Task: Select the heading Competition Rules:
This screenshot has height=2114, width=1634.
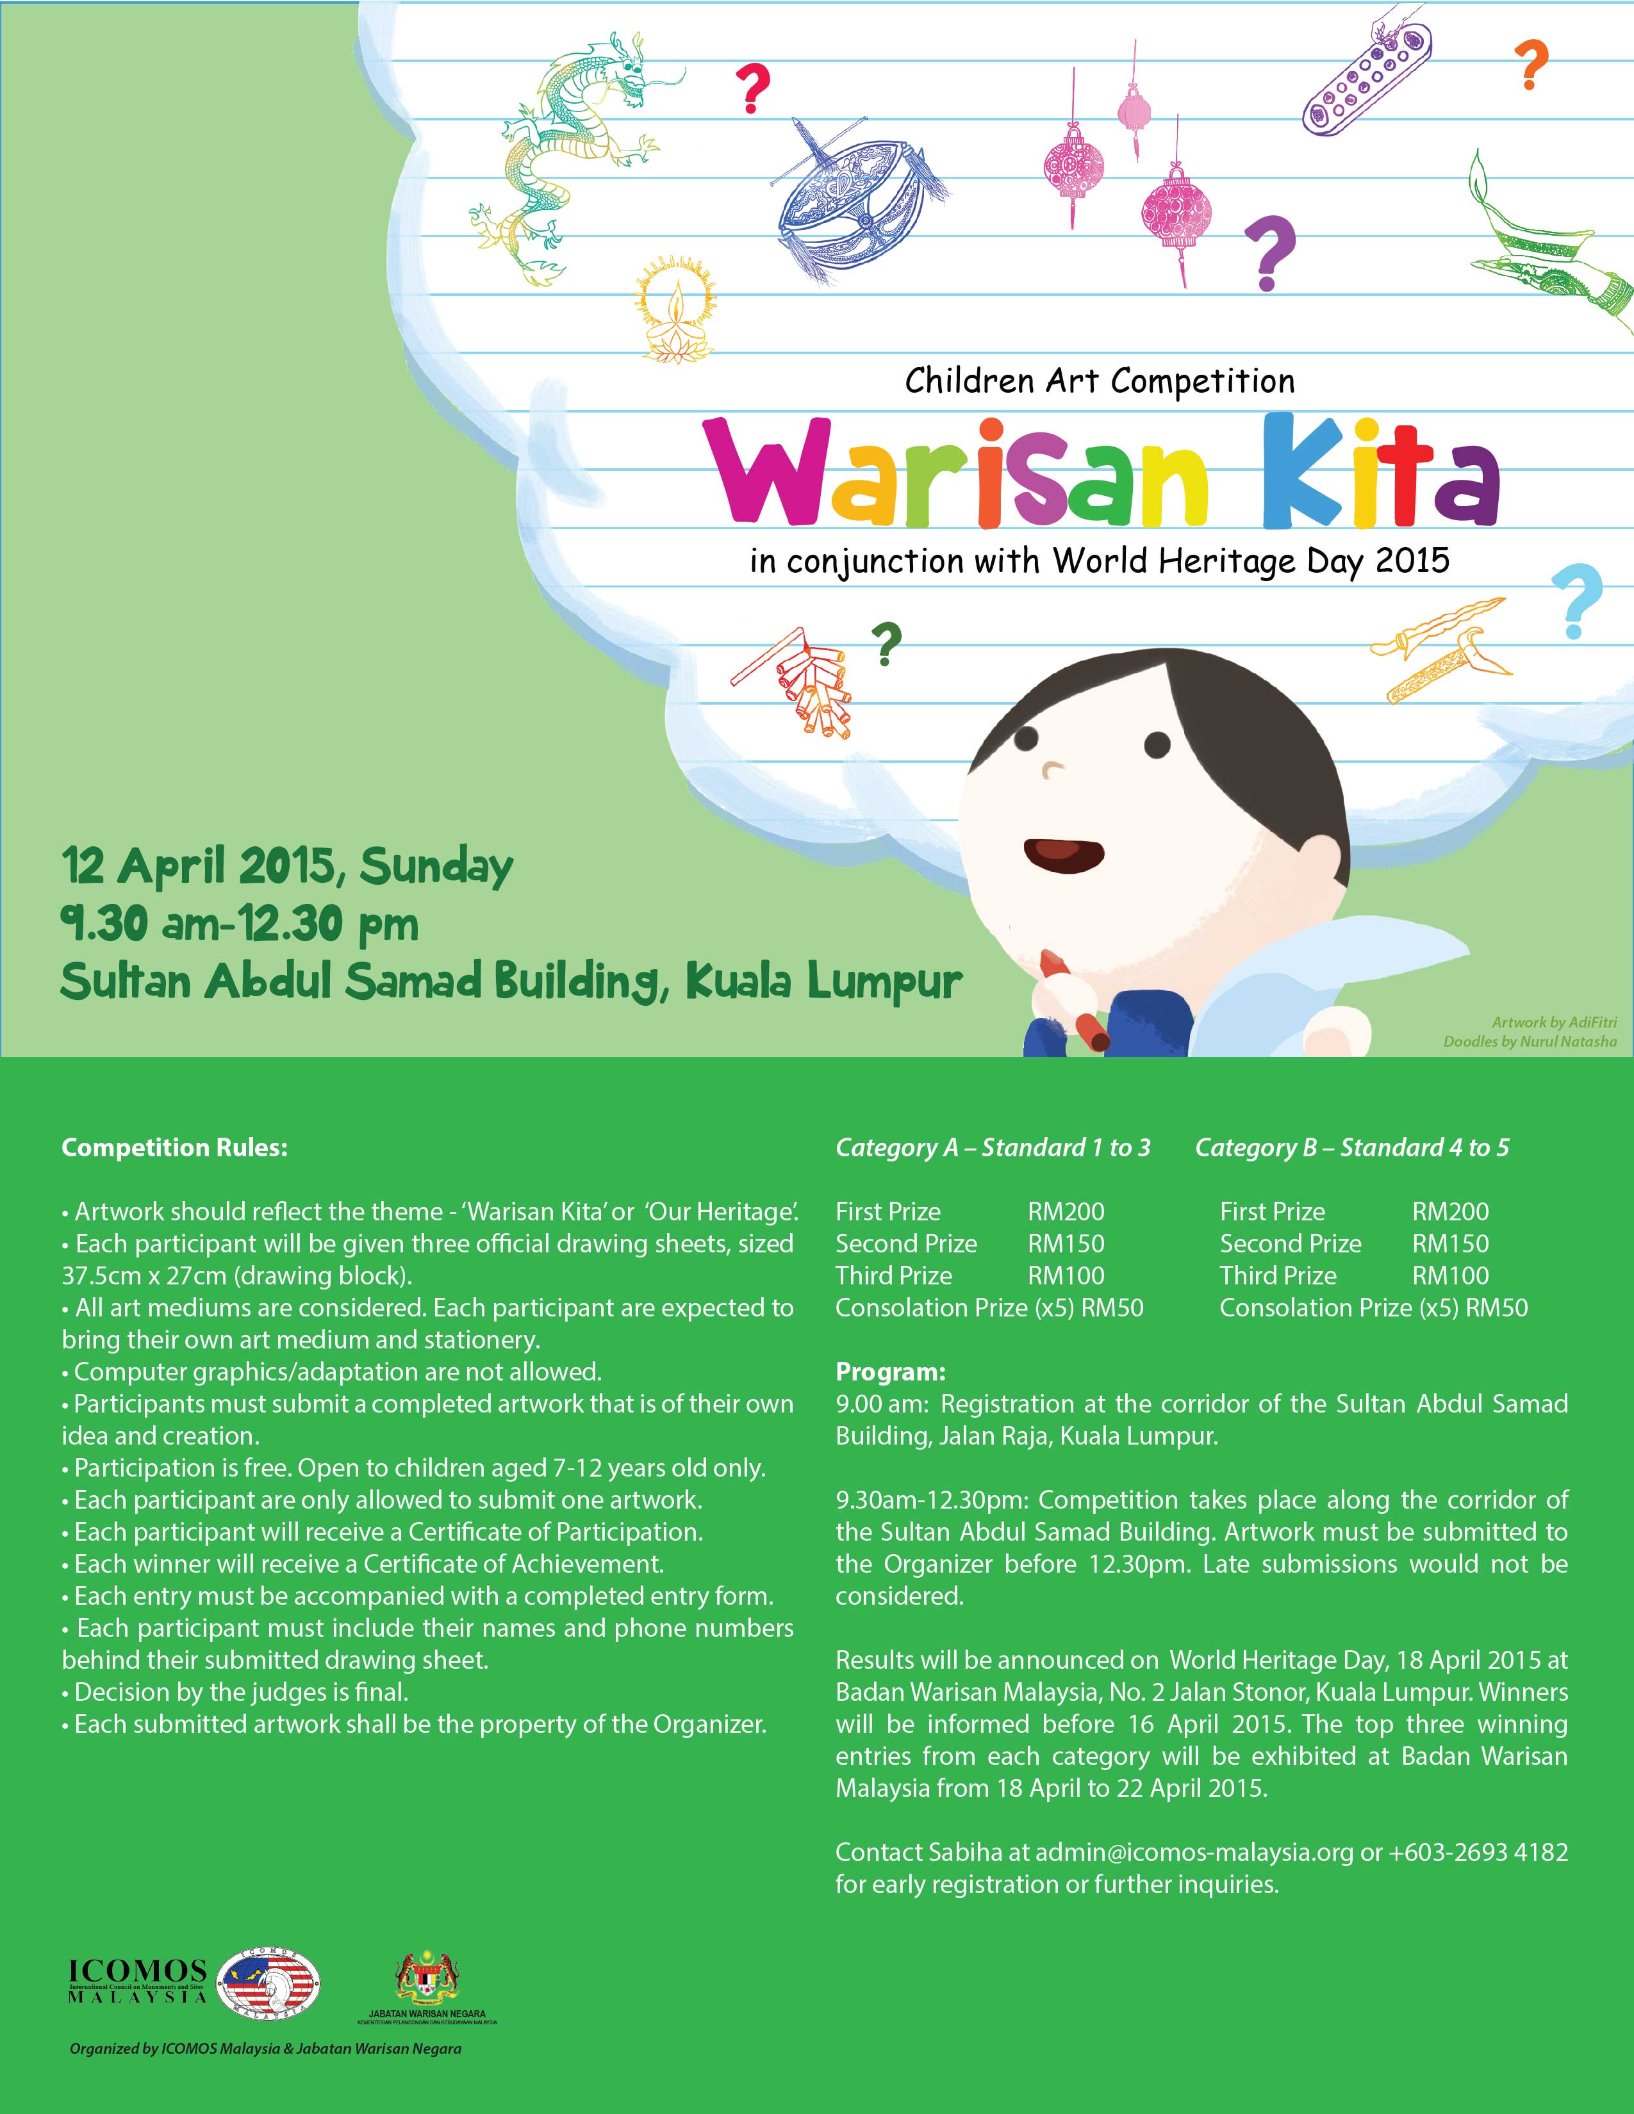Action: pyautogui.click(x=175, y=1148)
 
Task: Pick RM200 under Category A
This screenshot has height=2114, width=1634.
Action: pyautogui.click(x=1066, y=1212)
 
